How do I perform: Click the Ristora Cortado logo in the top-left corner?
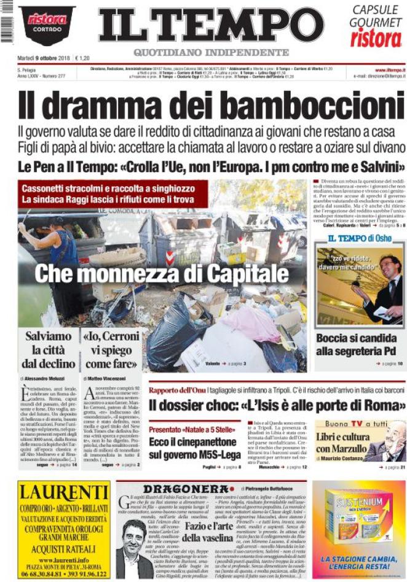tap(47, 24)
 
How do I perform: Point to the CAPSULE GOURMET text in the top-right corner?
tap(376, 16)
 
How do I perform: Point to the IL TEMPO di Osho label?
tap(358, 238)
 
